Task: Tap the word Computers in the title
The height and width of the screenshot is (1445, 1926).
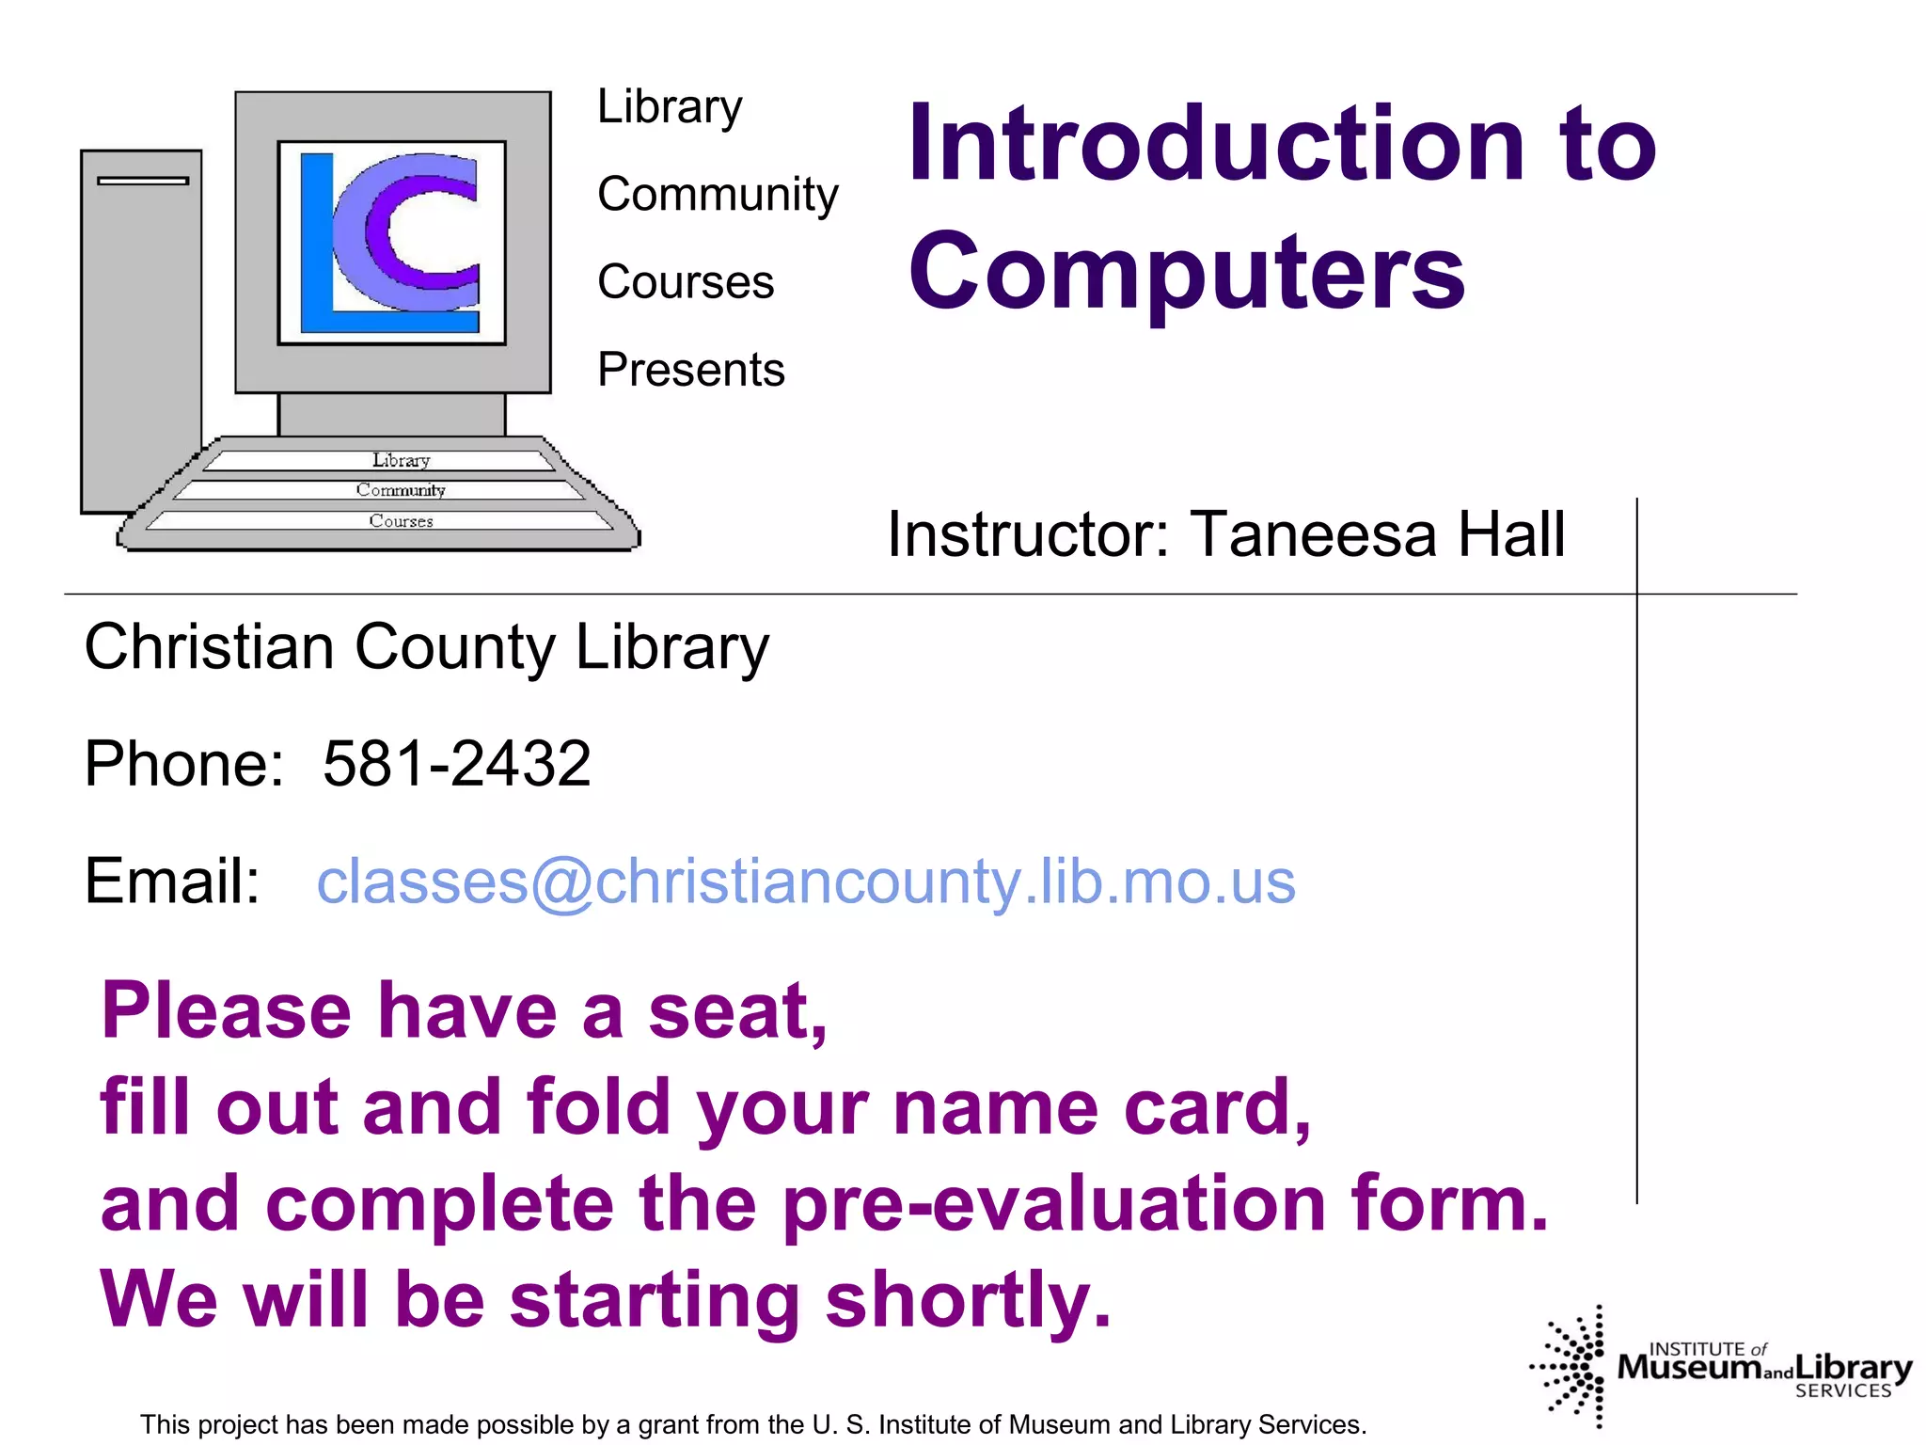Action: (1186, 272)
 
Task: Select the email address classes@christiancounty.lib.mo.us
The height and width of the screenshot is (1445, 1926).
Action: (806, 881)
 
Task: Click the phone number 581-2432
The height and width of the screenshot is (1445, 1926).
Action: (457, 763)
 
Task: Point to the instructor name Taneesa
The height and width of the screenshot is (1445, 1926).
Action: (1313, 534)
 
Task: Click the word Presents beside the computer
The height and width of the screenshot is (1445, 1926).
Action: (690, 370)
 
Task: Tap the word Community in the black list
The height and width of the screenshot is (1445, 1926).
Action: (717, 195)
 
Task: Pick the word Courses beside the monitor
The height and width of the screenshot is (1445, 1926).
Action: (685, 282)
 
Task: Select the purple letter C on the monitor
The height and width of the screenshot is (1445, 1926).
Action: (414, 230)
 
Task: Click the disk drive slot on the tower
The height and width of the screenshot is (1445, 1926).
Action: (143, 181)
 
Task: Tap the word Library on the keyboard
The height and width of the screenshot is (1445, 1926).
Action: (401, 460)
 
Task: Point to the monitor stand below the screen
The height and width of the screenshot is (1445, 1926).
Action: (391, 414)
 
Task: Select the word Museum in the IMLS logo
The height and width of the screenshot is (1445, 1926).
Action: (1689, 1367)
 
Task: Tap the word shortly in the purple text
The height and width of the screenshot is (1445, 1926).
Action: (969, 1300)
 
